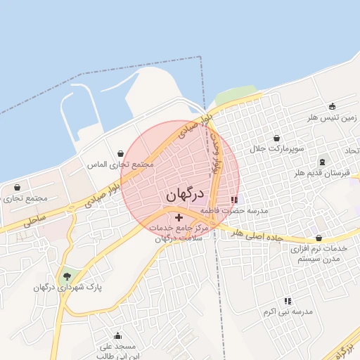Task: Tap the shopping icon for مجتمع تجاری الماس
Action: point(121,153)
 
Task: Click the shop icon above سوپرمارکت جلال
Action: point(276,138)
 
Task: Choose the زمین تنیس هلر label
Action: point(332,118)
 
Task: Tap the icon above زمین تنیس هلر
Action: point(332,107)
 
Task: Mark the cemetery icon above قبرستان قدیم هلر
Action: point(323,162)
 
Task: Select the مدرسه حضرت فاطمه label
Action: point(234,210)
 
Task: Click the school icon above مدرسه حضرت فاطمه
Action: point(234,200)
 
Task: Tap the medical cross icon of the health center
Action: point(179,218)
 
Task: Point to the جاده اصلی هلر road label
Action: point(257,234)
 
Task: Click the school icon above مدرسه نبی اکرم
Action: point(288,301)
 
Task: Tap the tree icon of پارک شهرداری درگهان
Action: point(67,276)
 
